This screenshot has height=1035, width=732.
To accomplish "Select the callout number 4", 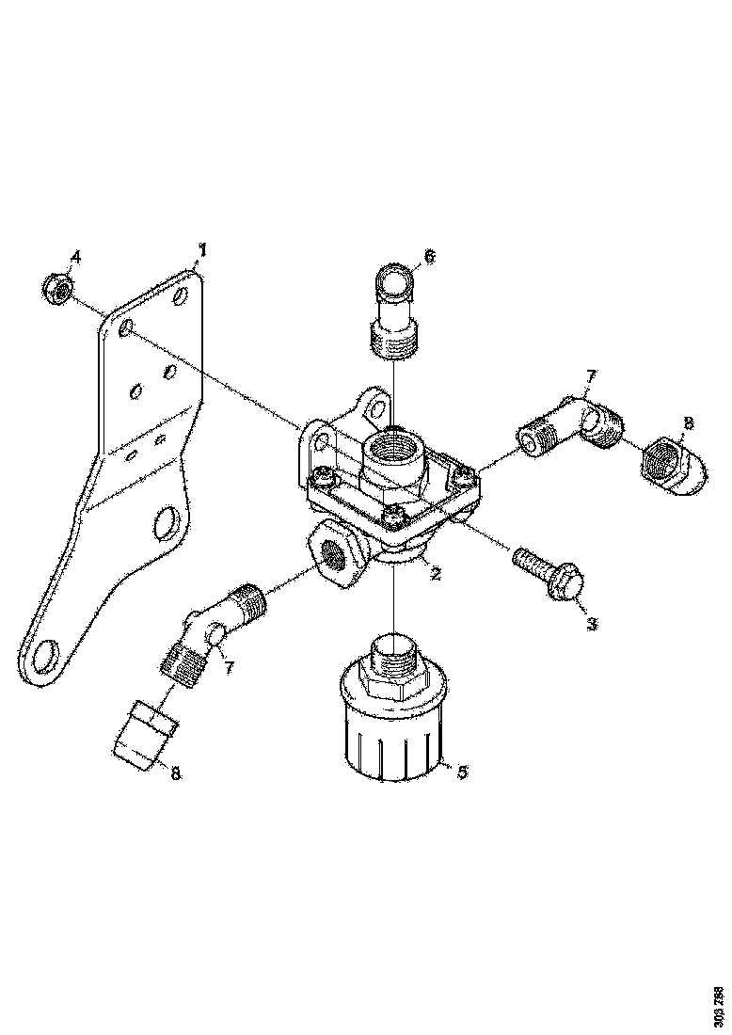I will click(76, 257).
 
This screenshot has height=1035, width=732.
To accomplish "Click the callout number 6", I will click(431, 256).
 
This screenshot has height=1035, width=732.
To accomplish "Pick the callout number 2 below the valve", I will click(435, 573).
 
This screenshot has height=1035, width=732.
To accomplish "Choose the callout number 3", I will click(591, 623).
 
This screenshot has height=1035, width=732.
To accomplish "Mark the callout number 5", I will click(462, 772).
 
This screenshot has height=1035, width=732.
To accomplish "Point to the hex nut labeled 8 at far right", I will click(675, 467).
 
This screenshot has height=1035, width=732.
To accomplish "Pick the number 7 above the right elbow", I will click(591, 378).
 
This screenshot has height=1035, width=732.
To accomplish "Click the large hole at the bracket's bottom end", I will click(43, 654).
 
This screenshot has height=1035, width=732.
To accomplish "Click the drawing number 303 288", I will click(718, 1004).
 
